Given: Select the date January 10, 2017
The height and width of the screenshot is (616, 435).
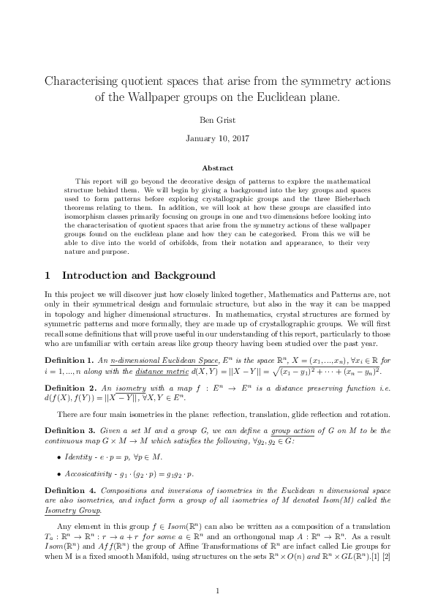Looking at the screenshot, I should coord(217,138).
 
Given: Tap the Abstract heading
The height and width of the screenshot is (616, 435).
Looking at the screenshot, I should coord(217,168).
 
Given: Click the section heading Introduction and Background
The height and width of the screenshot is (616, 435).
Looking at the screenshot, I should coord(139,276).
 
